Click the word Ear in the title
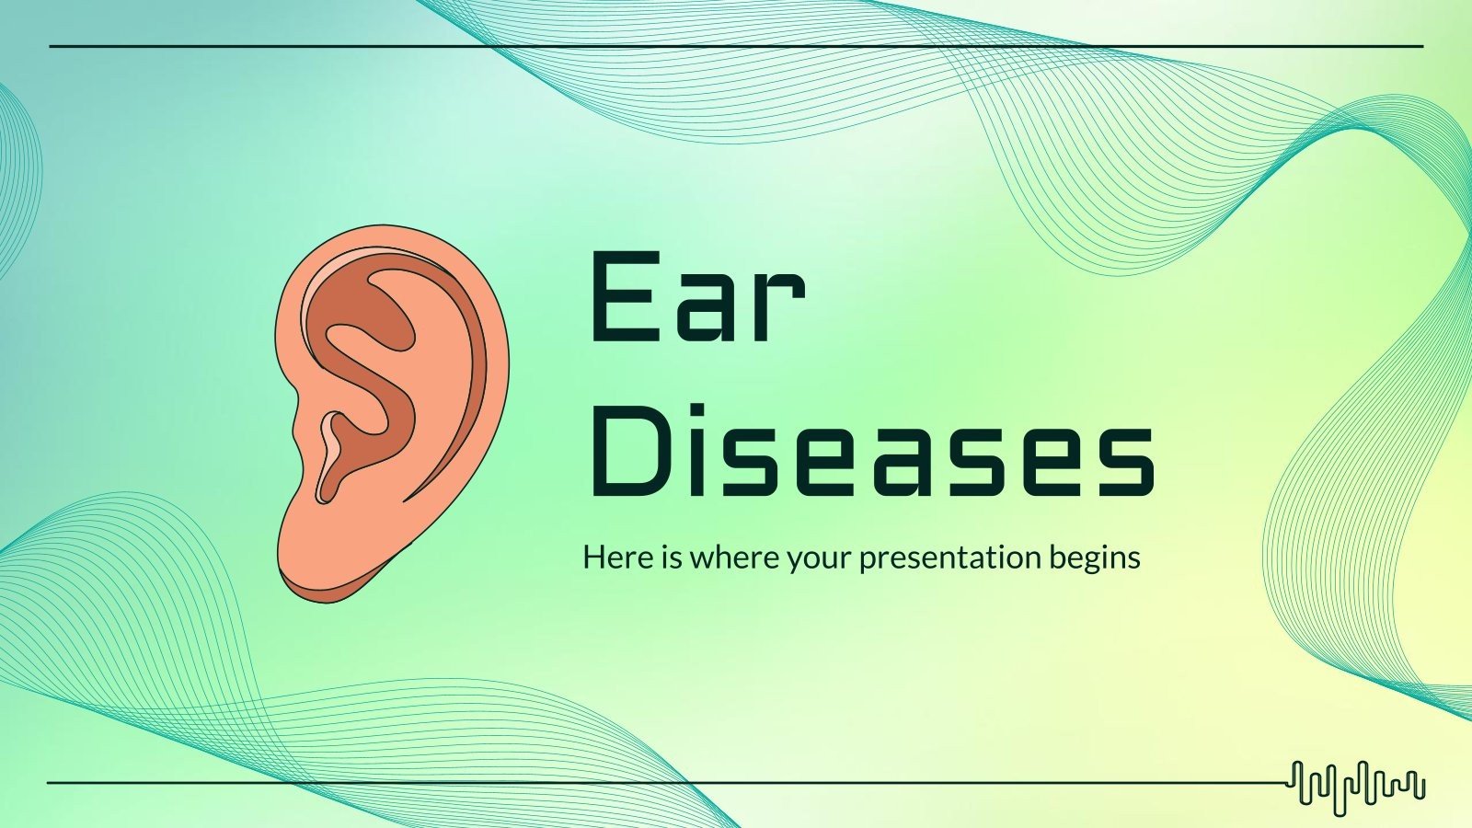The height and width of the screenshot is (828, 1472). pyautogui.click(x=696, y=297)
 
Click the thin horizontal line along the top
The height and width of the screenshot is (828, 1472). pyautogui.click(x=736, y=46)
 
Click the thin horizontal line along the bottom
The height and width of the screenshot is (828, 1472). pyautogui.click(x=644, y=783)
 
